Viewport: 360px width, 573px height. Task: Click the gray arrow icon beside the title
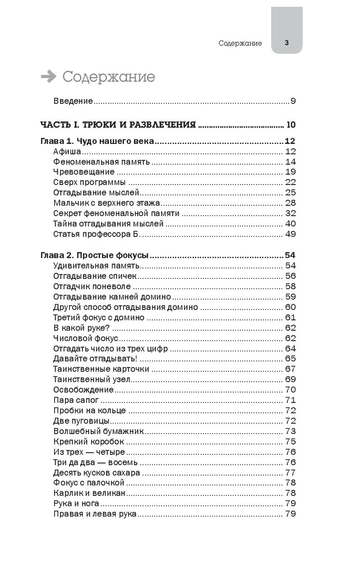pos(48,77)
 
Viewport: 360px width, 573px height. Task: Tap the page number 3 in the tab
pos(286,43)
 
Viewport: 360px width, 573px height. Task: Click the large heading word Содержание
pos(108,77)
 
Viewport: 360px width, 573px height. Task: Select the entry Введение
pos(73,101)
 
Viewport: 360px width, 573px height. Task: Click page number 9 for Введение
pos(293,101)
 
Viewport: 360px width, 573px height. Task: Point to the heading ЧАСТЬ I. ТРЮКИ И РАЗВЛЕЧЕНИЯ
pos(118,125)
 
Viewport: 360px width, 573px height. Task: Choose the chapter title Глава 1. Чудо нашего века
pos(97,142)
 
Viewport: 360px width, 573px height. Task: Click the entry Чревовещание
pos(83,172)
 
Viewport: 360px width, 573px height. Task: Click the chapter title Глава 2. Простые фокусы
pos(95,255)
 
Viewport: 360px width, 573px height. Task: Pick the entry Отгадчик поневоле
pos(92,286)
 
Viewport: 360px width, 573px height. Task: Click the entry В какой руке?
pos(82,328)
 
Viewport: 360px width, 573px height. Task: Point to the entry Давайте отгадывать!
pos(95,359)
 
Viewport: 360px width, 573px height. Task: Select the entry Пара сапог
pos(76,400)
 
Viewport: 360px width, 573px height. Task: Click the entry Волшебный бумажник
pos(98,431)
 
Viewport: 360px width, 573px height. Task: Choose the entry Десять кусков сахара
pos(97,473)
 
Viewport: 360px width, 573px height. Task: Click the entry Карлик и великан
pos(89,493)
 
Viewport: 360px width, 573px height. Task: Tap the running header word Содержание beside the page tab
pos(240,43)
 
